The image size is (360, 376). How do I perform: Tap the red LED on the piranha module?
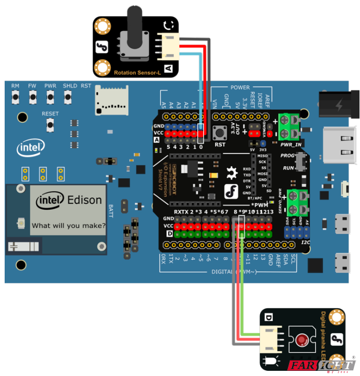301,340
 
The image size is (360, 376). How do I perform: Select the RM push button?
16,97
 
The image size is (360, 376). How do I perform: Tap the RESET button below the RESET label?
50,124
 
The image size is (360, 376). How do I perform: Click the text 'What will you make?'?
68,225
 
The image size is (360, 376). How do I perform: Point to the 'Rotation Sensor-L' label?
138,73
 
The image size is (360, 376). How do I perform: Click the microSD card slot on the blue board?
112,101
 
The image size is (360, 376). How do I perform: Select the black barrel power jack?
339,106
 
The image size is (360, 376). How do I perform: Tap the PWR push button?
50,97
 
